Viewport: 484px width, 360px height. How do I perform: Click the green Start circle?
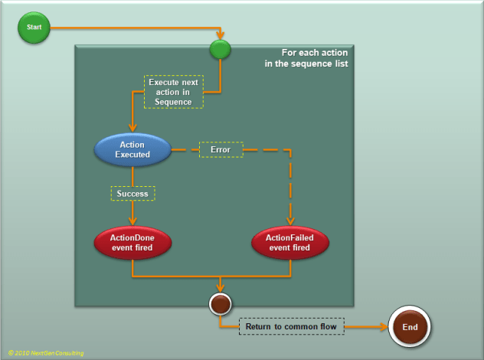tap(34, 28)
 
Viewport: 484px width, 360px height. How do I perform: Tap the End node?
tap(410, 327)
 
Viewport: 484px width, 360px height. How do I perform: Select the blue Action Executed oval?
tap(132, 149)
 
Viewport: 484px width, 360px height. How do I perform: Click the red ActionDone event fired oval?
tap(132, 243)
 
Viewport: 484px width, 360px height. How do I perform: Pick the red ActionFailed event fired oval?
tap(290, 243)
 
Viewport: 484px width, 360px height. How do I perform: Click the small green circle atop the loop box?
tap(221, 51)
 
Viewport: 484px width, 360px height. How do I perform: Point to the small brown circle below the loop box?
tap(221, 304)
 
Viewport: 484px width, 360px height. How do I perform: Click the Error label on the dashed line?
tap(221, 149)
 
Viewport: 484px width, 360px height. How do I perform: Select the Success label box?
tap(132, 194)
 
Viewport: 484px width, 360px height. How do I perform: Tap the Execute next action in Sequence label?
tap(173, 91)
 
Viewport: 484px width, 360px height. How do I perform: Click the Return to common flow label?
tap(292, 327)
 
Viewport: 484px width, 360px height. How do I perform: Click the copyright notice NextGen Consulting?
tap(46, 353)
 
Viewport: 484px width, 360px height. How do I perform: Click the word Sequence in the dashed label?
tap(173, 102)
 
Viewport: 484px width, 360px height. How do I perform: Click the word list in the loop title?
tap(339, 64)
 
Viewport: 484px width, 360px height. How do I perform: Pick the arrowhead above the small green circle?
tap(221, 37)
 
